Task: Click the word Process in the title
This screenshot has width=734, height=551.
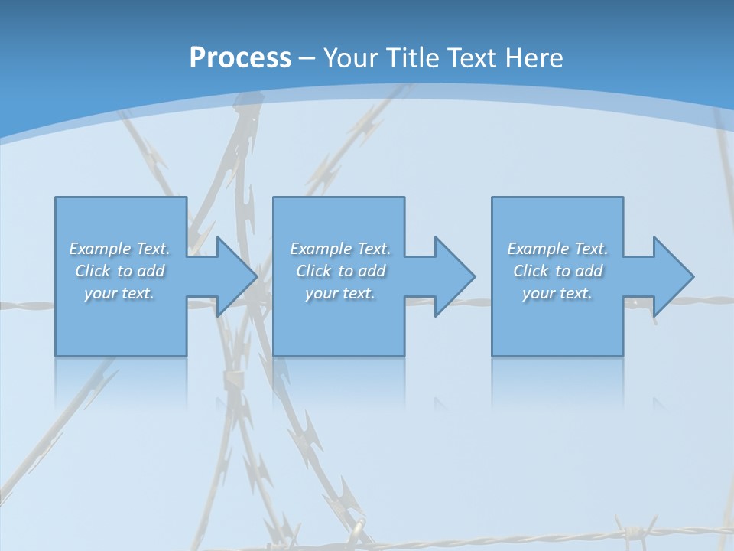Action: coord(240,58)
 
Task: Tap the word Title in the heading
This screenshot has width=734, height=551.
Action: coord(414,58)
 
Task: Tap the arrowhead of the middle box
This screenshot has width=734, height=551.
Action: coord(453,276)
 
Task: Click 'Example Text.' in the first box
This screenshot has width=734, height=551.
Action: coord(120,249)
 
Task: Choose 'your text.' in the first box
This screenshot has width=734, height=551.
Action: coord(120,293)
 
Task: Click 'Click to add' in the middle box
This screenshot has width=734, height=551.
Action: coord(340,271)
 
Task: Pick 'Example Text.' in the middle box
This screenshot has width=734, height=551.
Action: coord(340,249)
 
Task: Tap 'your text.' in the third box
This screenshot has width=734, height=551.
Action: coord(557,293)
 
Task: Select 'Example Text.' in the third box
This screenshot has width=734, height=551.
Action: coord(557,249)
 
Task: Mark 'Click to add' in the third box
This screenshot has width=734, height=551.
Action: coord(557,271)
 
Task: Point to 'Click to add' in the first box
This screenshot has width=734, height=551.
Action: coord(120,271)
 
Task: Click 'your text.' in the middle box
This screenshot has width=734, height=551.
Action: coord(340,293)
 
